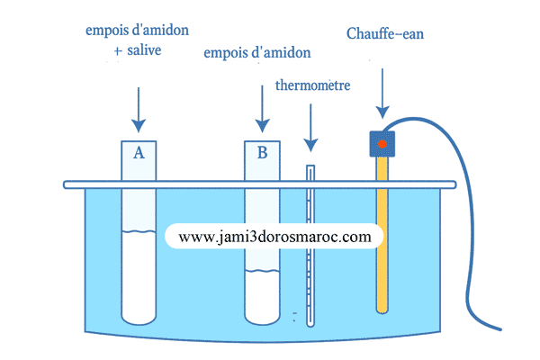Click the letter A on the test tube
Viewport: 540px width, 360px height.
coord(139,153)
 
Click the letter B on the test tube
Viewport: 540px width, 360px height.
coord(262,153)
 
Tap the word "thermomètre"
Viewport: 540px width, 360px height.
coord(312,86)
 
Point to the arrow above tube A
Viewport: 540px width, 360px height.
coord(139,108)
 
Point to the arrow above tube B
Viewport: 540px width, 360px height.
coord(262,108)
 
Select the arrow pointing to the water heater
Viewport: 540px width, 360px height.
coord(382,90)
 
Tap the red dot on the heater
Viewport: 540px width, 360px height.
coord(382,143)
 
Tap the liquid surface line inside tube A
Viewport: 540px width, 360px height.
coord(139,233)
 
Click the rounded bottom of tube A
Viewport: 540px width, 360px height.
coord(139,318)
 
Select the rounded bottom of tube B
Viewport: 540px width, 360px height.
coord(262,318)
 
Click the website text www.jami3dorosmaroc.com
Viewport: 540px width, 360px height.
coord(274,237)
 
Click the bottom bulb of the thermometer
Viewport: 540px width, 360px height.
coord(311,321)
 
